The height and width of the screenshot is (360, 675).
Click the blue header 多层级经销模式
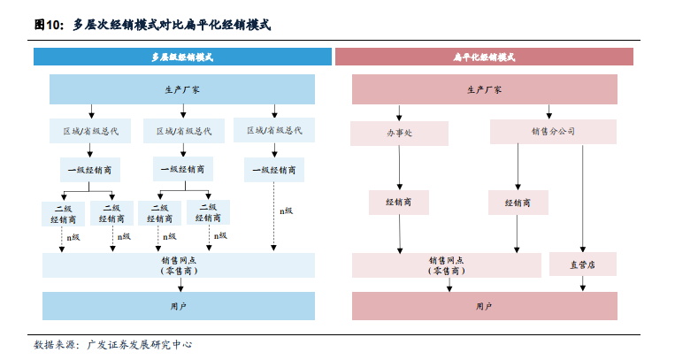(182, 57)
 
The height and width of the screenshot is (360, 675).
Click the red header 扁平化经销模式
(484, 57)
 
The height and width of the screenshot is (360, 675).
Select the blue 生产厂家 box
(182, 89)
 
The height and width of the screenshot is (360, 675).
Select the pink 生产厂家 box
(484, 89)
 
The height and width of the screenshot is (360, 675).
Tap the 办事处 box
(399, 133)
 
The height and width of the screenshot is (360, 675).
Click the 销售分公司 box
(553, 131)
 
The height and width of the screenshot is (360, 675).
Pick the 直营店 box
(583, 264)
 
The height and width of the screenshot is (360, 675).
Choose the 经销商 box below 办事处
(399, 202)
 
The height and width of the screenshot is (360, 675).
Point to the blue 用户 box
(178, 306)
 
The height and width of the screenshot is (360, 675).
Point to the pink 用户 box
(484, 306)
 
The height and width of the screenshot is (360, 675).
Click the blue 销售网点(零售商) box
(178, 265)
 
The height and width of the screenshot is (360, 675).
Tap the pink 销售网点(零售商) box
(447, 265)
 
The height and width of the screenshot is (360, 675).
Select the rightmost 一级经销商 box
(274, 170)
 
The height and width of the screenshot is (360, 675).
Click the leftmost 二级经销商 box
(64, 214)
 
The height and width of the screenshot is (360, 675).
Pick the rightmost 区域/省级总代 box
(274, 130)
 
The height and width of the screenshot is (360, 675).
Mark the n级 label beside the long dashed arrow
(287, 211)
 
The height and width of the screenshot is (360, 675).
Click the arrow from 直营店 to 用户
(582, 283)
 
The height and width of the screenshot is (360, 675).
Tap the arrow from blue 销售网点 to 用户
(180, 285)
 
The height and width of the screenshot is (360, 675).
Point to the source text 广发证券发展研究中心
(140, 344)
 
